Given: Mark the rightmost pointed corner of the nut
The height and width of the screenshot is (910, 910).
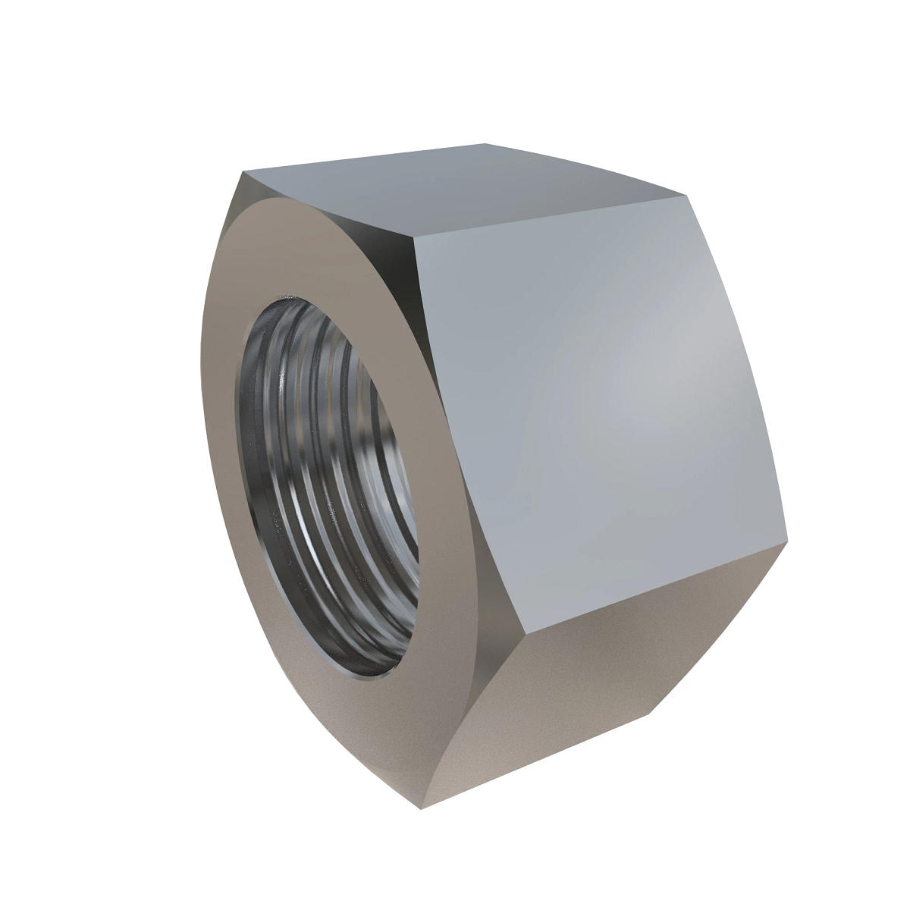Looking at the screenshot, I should pos(789,540).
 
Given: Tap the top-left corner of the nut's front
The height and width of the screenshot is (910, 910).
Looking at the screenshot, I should pos(243,173).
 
